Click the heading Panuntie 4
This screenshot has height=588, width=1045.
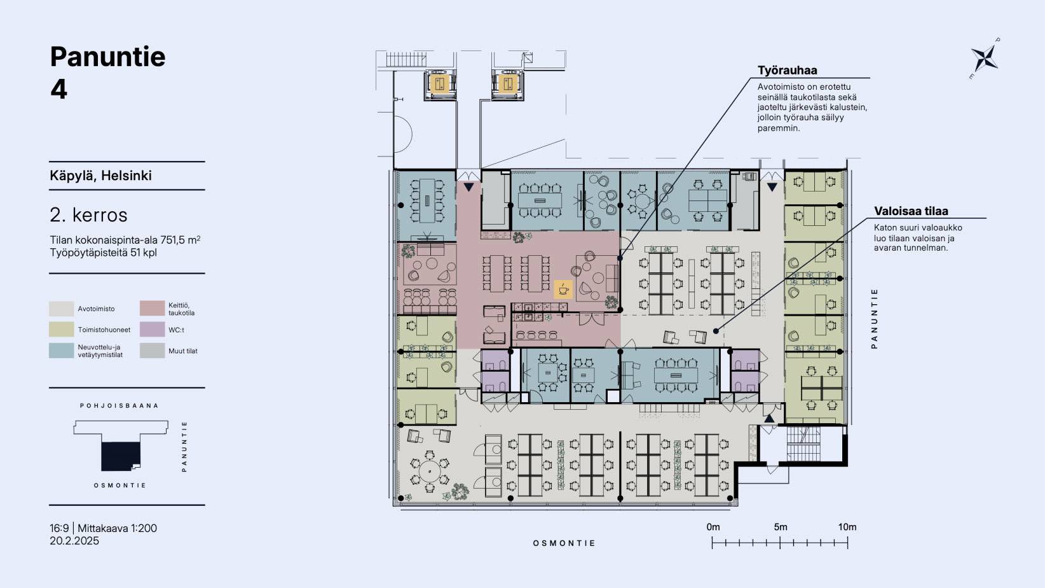108,73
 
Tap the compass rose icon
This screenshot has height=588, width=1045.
985,59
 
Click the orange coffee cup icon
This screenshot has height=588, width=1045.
563,289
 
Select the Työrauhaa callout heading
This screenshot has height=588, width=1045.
787,71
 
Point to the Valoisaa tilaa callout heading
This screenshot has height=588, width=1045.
911,211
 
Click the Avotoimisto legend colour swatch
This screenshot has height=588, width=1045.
61,309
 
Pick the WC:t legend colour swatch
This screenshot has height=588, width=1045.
152,330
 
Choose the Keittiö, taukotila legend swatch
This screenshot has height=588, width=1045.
152,309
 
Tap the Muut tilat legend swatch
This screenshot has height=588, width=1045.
152,351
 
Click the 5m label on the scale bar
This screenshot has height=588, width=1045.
780,528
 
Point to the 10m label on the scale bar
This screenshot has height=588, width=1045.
847,528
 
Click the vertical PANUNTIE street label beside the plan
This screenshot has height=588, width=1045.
874,319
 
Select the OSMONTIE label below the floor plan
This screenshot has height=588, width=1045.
564,543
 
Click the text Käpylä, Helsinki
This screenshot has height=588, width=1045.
101,176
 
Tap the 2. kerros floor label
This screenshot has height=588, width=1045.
88,215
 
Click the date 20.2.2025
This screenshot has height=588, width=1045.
74,541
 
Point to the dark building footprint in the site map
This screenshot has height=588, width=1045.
121,456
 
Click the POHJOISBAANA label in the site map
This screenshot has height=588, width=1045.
120,406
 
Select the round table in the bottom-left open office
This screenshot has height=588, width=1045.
429,472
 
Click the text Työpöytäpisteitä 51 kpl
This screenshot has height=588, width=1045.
103,253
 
